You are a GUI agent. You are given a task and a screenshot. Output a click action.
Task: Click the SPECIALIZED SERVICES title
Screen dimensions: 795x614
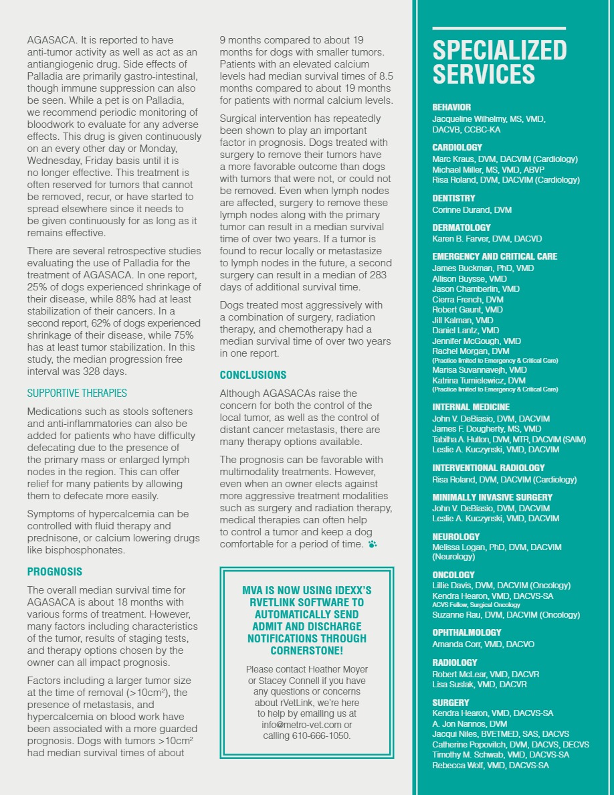point(499,62)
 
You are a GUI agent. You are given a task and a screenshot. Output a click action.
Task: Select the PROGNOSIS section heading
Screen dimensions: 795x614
point(55,571)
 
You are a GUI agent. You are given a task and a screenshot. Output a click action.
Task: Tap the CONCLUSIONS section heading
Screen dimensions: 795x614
point(253,375)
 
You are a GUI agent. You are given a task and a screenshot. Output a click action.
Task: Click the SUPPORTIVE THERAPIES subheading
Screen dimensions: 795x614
point(77,393)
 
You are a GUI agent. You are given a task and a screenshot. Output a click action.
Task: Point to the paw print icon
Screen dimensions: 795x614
point(372,544)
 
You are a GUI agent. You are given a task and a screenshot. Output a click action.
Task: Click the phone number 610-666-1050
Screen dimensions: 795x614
point(321,736)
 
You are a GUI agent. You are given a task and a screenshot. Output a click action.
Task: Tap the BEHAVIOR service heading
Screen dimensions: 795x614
point(451,107)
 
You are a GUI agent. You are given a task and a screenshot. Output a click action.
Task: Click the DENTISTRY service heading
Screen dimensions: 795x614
point(453,198)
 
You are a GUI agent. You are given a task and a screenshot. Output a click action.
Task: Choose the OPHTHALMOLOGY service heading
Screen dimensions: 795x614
point(467,632)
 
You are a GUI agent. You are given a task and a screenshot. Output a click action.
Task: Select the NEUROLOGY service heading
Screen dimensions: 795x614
point(456,537)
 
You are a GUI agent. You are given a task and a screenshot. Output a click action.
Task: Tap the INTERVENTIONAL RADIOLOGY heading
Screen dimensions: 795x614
point(488,468)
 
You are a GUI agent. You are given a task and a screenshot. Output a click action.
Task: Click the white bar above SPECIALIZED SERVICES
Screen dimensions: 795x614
point(499,29)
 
